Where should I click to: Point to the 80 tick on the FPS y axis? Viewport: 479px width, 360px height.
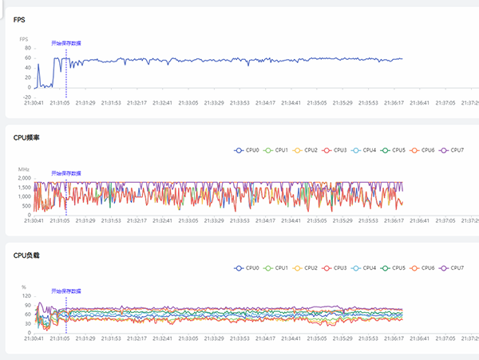pyautogui.click(x=27, y=48)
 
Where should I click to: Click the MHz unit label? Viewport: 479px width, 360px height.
pyautogui.click(x=24, y=170)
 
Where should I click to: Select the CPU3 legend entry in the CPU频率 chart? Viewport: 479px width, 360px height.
pyautogui.click(x=335, y=150)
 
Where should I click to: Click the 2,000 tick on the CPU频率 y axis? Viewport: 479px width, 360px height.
pyautogui.click(x=24, y=178)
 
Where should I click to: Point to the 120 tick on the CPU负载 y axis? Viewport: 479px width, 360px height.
pyautogui.click(x=26, y=295)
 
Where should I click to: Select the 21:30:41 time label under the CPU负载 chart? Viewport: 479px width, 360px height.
pyautogui.click(x=34, y=339)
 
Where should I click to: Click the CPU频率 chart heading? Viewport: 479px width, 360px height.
pyautogui.click(x=26, y=137)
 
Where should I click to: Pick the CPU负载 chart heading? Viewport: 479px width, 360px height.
pyautogui.click(x=26, y=255)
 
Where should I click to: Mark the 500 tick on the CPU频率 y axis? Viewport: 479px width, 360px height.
pyautogui.click(x=26, y=206)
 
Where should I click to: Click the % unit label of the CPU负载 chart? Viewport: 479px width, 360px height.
pyautogui.click(x=24, y=287)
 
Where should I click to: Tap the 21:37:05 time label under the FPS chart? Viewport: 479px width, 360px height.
pyautogui.click(x=445, y=102)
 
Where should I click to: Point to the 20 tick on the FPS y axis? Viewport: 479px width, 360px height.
pyautogui.click(x=27, y=77)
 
